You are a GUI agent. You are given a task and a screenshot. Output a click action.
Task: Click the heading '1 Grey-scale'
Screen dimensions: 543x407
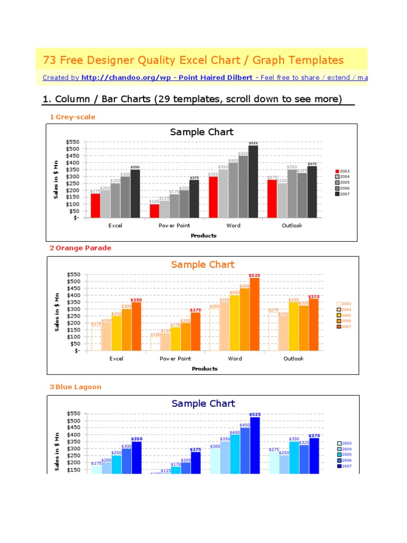73,117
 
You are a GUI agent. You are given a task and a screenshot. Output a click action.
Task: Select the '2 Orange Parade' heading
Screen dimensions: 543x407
81,248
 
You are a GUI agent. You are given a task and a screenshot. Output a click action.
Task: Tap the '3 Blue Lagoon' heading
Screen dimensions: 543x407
75,387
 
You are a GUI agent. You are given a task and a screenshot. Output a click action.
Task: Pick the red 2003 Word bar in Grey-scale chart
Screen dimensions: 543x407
213,197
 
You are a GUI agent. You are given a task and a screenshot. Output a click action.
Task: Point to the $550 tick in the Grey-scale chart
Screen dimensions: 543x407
73,142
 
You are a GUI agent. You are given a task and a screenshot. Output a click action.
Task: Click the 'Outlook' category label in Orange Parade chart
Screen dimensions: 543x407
293,359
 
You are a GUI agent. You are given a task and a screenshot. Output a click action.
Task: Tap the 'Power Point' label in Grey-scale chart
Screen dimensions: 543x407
174,226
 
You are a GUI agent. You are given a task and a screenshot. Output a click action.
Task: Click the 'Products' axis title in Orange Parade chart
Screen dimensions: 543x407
205,369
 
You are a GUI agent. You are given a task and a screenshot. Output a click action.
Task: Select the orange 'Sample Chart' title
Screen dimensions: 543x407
202,265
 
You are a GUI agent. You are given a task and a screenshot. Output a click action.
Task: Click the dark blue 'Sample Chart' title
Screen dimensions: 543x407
203,404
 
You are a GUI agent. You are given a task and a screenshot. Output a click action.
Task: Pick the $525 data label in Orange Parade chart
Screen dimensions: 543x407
254,275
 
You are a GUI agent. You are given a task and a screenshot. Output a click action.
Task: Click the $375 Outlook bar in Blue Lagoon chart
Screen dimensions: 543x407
314,455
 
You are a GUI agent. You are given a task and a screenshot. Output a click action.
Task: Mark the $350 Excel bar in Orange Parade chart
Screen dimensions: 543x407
137,326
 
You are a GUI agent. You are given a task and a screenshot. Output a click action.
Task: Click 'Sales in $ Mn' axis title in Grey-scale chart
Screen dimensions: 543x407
56,179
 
